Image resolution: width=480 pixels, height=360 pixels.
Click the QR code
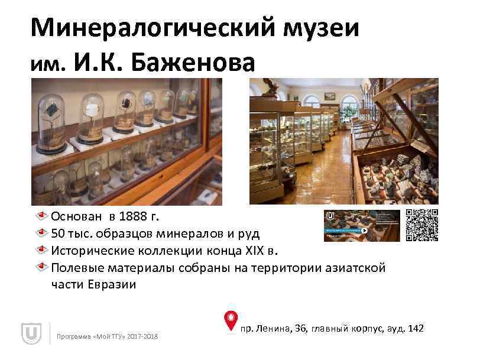click(421, 225)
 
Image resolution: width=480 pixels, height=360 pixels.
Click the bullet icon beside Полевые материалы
click(43, 268)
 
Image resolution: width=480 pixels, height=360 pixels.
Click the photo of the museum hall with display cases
click(343, 142)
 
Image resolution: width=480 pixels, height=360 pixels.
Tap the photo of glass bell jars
click(127, 142)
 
